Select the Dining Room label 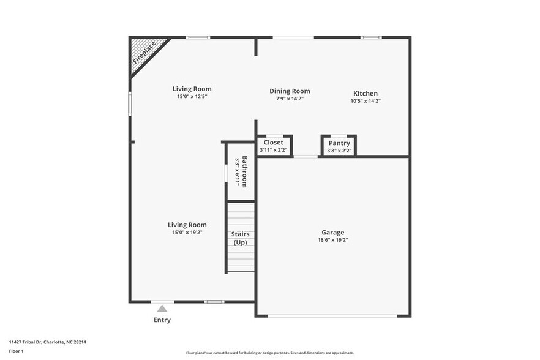[x=290, y=91]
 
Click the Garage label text [x=332, y=232]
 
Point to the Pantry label [x=339, y=143]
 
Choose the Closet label [x=273, y=143]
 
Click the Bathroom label [x=244, y=171]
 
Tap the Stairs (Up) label [x=240, y=239]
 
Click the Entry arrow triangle [x=162, y=309]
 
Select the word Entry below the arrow [x=162, y=320]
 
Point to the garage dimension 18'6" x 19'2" [x=332, y=241]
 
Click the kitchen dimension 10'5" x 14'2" [x=366, y=101]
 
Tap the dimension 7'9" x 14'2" [x=290, y=99]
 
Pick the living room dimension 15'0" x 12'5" [x=192, y=97]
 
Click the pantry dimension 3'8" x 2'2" [x=339, y=151]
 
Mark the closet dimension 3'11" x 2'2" [x=273, y=150]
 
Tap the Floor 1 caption [x=16, y=351]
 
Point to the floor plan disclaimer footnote [x=269, y=353]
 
